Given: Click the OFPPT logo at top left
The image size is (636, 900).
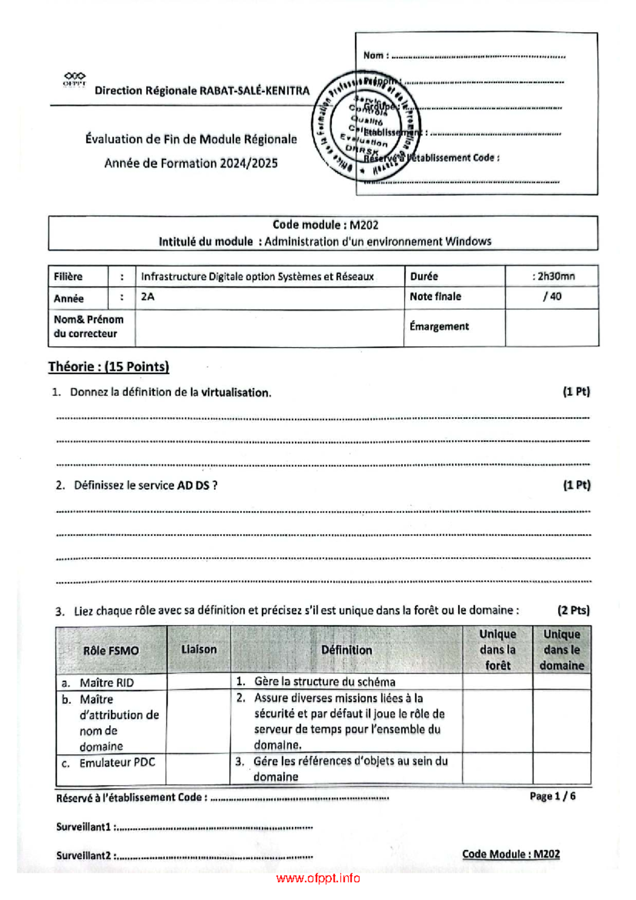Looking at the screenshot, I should [x=74, y=79].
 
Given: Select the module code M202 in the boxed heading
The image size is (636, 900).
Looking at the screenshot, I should [x=364, y=225].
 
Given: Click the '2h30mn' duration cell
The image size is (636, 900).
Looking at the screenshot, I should [x=553, y=276].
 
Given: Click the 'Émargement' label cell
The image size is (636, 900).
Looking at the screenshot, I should [x=439, y=327].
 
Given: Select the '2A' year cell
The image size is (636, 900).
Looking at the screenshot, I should [x=148, y=297].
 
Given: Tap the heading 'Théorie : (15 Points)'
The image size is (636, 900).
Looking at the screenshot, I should [x=109, y=367].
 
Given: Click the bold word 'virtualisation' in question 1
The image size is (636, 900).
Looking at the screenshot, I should [x=236, y=393].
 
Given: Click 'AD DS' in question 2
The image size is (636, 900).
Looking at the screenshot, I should [x=193, y=486].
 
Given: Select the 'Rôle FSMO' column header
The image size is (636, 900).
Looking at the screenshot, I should [x=111, y=650].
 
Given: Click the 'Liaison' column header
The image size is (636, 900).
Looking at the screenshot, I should [x=199, y=649].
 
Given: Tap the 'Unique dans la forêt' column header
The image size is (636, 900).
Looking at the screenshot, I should [x=497, y=649].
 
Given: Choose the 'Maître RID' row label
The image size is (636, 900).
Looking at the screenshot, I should [x=106, y=683].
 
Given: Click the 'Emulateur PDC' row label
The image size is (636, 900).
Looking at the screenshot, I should [x=117, y=763].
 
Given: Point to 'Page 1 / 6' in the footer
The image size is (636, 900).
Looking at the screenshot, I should [x=552, y=796].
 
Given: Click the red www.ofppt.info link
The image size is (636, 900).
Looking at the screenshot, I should [x=318, y=878].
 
